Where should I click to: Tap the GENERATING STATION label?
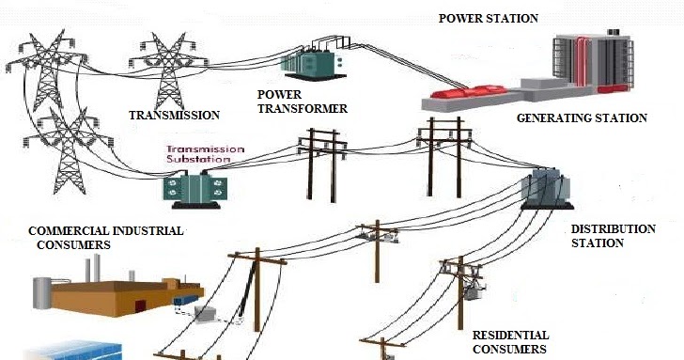[582, 118]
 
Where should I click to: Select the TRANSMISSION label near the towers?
[174, 116]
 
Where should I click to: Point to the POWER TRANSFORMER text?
[302, 102]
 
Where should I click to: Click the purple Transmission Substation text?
[205, 154]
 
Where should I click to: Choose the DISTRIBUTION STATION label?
[599, 236]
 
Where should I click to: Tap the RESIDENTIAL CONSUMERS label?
[510, 341]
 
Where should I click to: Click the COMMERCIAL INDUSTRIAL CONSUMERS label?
[105, 237]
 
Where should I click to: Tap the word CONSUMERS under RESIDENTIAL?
[509, 349]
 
